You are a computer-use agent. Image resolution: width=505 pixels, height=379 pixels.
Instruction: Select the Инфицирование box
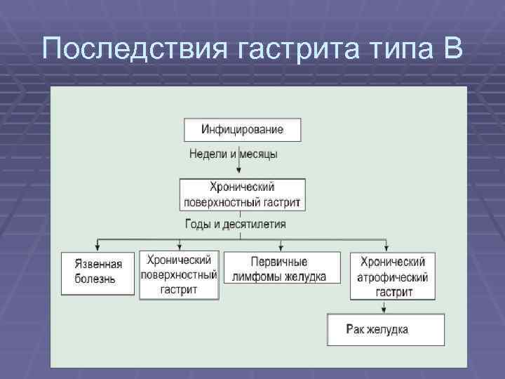242,130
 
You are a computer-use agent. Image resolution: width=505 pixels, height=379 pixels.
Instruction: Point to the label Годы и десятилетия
235,225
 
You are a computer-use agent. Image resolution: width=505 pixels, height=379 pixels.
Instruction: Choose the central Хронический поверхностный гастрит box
242,194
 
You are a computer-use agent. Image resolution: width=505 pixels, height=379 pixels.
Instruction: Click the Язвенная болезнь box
97,272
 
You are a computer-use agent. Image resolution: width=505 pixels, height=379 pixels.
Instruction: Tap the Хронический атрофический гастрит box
392,276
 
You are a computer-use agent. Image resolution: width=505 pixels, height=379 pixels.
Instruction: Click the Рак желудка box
386,329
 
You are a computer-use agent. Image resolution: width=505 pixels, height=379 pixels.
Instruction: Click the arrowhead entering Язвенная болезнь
98,248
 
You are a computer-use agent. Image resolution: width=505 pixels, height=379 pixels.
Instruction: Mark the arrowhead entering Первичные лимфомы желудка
281,248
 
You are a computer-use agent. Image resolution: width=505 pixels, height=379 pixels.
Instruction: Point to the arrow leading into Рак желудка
386,309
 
